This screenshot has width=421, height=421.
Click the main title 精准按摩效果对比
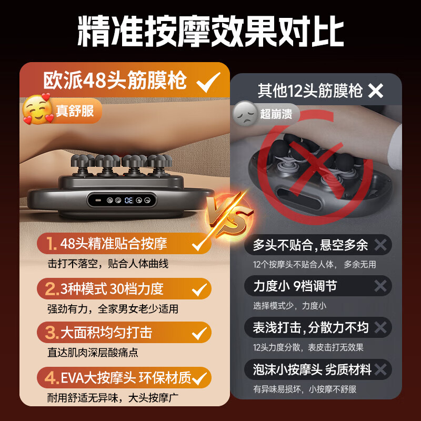(210, 31)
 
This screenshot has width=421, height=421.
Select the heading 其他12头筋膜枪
(310, 91)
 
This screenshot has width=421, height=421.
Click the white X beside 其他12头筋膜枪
(376, 91)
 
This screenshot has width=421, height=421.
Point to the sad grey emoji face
(244, 112)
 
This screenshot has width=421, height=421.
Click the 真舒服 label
(76, 111)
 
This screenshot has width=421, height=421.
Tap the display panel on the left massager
(121, 200)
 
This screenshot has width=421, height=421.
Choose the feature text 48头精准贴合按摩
(114, 244)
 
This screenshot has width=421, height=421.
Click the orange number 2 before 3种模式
(51, 288)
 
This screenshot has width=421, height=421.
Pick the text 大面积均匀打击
(106, 333)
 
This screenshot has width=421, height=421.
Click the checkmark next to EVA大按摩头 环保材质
(199, 377)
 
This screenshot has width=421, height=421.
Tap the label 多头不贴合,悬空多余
(310, 245)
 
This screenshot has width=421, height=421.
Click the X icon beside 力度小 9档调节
(380, 286)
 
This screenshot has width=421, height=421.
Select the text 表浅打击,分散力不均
(310, 327)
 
